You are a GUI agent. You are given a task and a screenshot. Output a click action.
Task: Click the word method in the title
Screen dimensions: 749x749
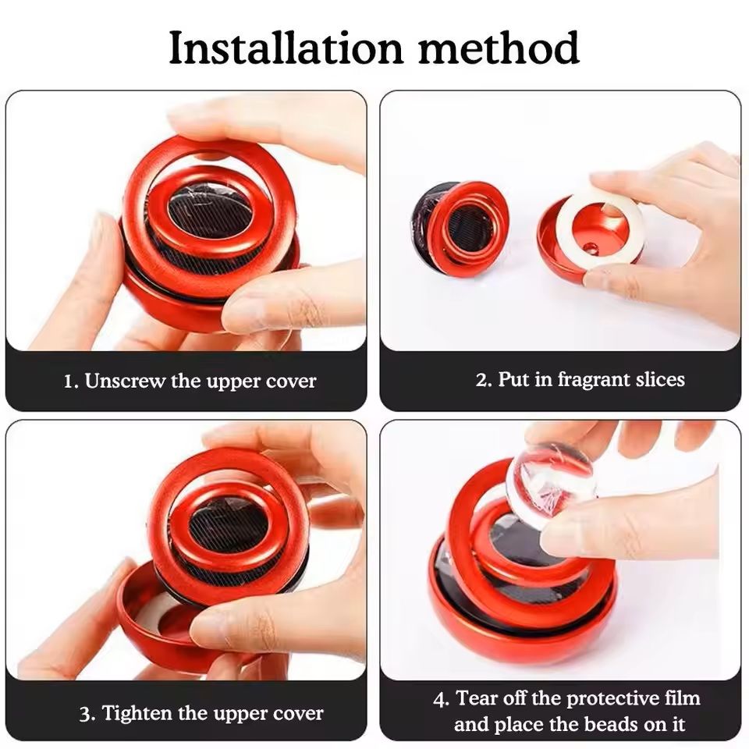(x=499, y=48)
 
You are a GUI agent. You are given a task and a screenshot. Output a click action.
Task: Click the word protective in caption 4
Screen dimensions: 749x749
(x=614, y=699)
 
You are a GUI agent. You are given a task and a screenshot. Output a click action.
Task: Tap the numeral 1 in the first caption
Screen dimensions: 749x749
(x=70, y=382)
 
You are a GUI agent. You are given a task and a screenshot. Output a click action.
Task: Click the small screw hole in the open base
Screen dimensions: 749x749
(x=591, y=247)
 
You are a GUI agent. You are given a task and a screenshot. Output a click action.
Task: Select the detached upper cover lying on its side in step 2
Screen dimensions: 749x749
(x=459, y=228)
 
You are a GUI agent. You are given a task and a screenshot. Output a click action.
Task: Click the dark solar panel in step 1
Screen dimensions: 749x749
(x=209, y=208)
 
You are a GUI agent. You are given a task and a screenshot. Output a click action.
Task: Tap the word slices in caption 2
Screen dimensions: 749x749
(x=660, y=380)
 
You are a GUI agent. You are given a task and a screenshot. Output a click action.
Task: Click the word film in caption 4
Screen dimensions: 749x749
(x=684, y=698)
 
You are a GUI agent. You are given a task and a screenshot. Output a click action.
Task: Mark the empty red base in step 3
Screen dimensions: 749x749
(x=144, y=621)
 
